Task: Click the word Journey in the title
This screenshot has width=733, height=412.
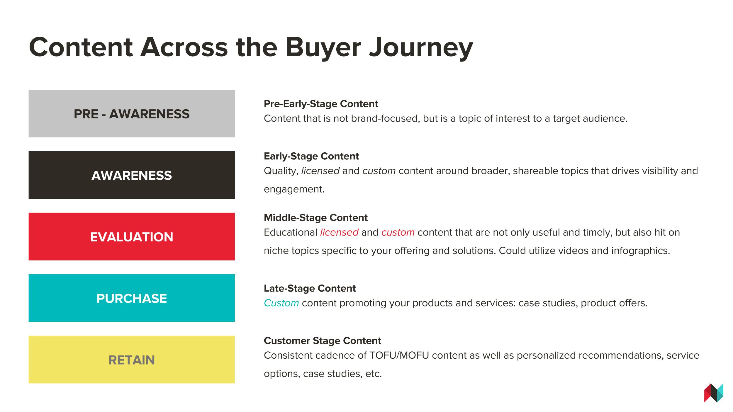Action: (x=421, y=47)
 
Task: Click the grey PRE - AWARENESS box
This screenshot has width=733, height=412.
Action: (x=132, y=113)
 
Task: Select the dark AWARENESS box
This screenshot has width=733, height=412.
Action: (x=132, y=175)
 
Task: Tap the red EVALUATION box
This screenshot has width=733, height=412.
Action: (x=132, y=236)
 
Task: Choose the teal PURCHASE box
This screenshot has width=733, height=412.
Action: (x=132, y=298)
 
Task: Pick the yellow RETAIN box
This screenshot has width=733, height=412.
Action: (x=132, y=360)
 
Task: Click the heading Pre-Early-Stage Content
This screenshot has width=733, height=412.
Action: (x=321, y=104)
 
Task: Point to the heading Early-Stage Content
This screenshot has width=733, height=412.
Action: (x=311, y=156)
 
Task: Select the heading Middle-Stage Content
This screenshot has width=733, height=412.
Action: (x=316, y=218)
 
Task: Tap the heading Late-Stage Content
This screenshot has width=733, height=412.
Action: (x=310, y=288)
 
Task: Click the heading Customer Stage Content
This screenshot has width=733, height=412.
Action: (x=323, y=341)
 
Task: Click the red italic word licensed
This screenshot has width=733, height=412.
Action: (x=339, y=232)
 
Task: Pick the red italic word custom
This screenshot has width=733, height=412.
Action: (x=398, y=233)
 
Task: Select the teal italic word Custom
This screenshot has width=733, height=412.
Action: (x=281, y=303)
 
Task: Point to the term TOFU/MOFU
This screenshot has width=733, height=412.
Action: (x=399, y=355)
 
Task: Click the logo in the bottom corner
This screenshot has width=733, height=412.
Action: (x=714, y=393)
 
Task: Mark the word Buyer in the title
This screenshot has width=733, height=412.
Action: (x=323, y=47)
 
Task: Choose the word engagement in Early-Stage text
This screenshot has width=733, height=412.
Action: (x=294, y=190)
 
